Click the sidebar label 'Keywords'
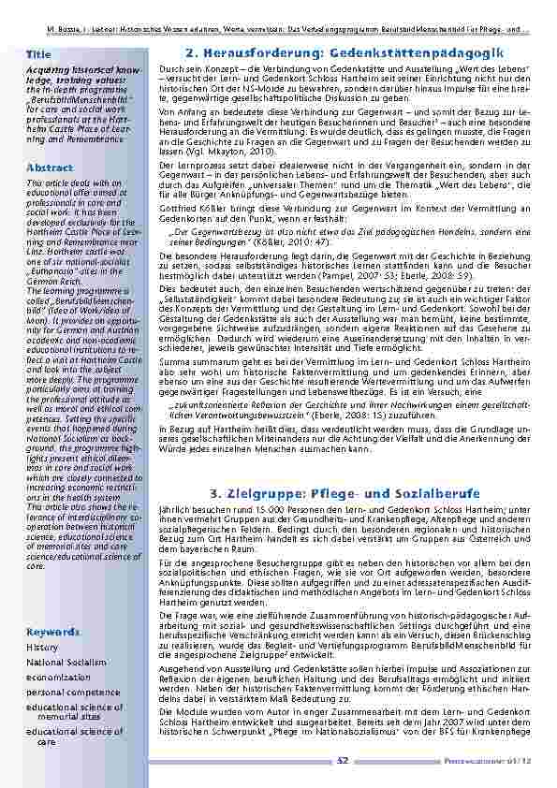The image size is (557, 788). point(53,605)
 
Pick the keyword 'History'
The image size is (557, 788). point(42,620)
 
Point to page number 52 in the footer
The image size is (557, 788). point(343,760)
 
